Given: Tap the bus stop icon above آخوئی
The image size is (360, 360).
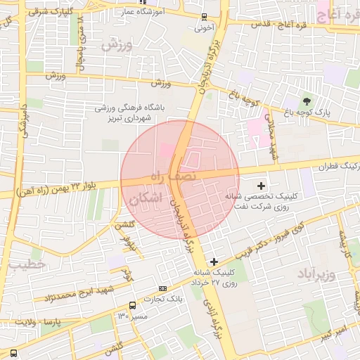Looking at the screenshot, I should [x=204, y=17].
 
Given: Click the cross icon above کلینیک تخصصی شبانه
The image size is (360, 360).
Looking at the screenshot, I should [x=262, y=186].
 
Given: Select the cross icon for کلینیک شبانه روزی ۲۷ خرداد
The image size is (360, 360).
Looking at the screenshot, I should [x=214, y=262].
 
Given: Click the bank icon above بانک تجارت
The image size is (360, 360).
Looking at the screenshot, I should [x=163, y=288].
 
